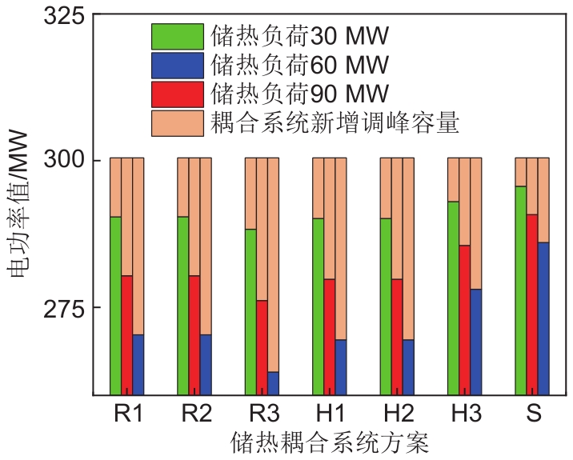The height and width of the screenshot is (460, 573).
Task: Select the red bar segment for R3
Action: tap(262, 347)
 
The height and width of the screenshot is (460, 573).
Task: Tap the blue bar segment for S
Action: tap(543, 318)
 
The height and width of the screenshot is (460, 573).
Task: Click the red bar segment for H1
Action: tap(329, 337)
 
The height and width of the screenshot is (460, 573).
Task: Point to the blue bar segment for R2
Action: tap(206, 365)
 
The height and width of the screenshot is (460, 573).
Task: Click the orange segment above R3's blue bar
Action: tap(273, 265)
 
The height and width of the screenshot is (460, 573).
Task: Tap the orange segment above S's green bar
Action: tap(520, 172)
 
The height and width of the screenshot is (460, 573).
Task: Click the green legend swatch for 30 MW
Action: tap(177, 36)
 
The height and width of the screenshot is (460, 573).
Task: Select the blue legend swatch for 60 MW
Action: tap(177, 65)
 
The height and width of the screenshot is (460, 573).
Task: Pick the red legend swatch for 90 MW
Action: tap(177, 94)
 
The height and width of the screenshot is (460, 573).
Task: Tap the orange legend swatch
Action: tap(177, 122)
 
